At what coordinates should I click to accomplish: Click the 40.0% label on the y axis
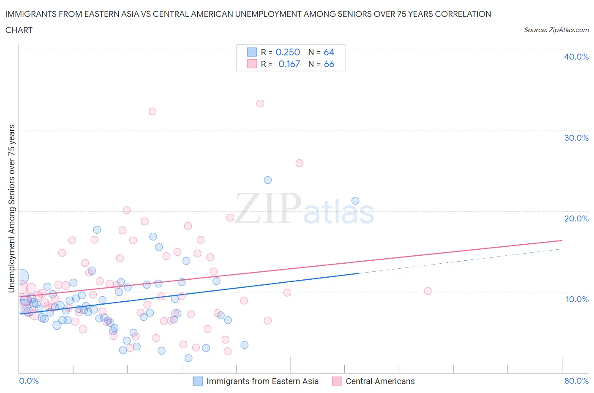[x=576, y=57]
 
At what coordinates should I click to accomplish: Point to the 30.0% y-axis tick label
[x=576, y=138]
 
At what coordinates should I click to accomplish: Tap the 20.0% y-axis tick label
[x=576, y=218]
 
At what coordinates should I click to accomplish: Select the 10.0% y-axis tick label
[x=577, y=299]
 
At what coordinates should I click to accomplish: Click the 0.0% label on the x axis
[x=29, y=381]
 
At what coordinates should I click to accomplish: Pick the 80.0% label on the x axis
[x=576, y=381]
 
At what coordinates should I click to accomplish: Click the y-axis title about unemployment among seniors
[x=11, y=208]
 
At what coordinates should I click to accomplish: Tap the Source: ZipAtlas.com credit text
[x=556, y=30]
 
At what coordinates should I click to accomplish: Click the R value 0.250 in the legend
[x=288, y=52]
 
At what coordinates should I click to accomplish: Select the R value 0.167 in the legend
[x=289, y=64]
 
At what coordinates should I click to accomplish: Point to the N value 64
[x=329, y=52]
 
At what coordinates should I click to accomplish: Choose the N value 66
[x=329, y=64]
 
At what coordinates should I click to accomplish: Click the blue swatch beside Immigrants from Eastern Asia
[x=198, y=381]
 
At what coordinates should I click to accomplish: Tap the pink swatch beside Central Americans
[x=337, y=381]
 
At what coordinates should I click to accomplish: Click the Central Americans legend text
[x=380, y=381]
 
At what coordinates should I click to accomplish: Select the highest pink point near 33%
[x=260, y=104]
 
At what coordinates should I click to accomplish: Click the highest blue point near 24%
[x=267, y=180]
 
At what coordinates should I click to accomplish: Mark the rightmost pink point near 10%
[x=428, y=291]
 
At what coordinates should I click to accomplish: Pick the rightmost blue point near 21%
[x=355, y=201]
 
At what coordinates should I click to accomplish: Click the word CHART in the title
[x=19, y=30]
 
